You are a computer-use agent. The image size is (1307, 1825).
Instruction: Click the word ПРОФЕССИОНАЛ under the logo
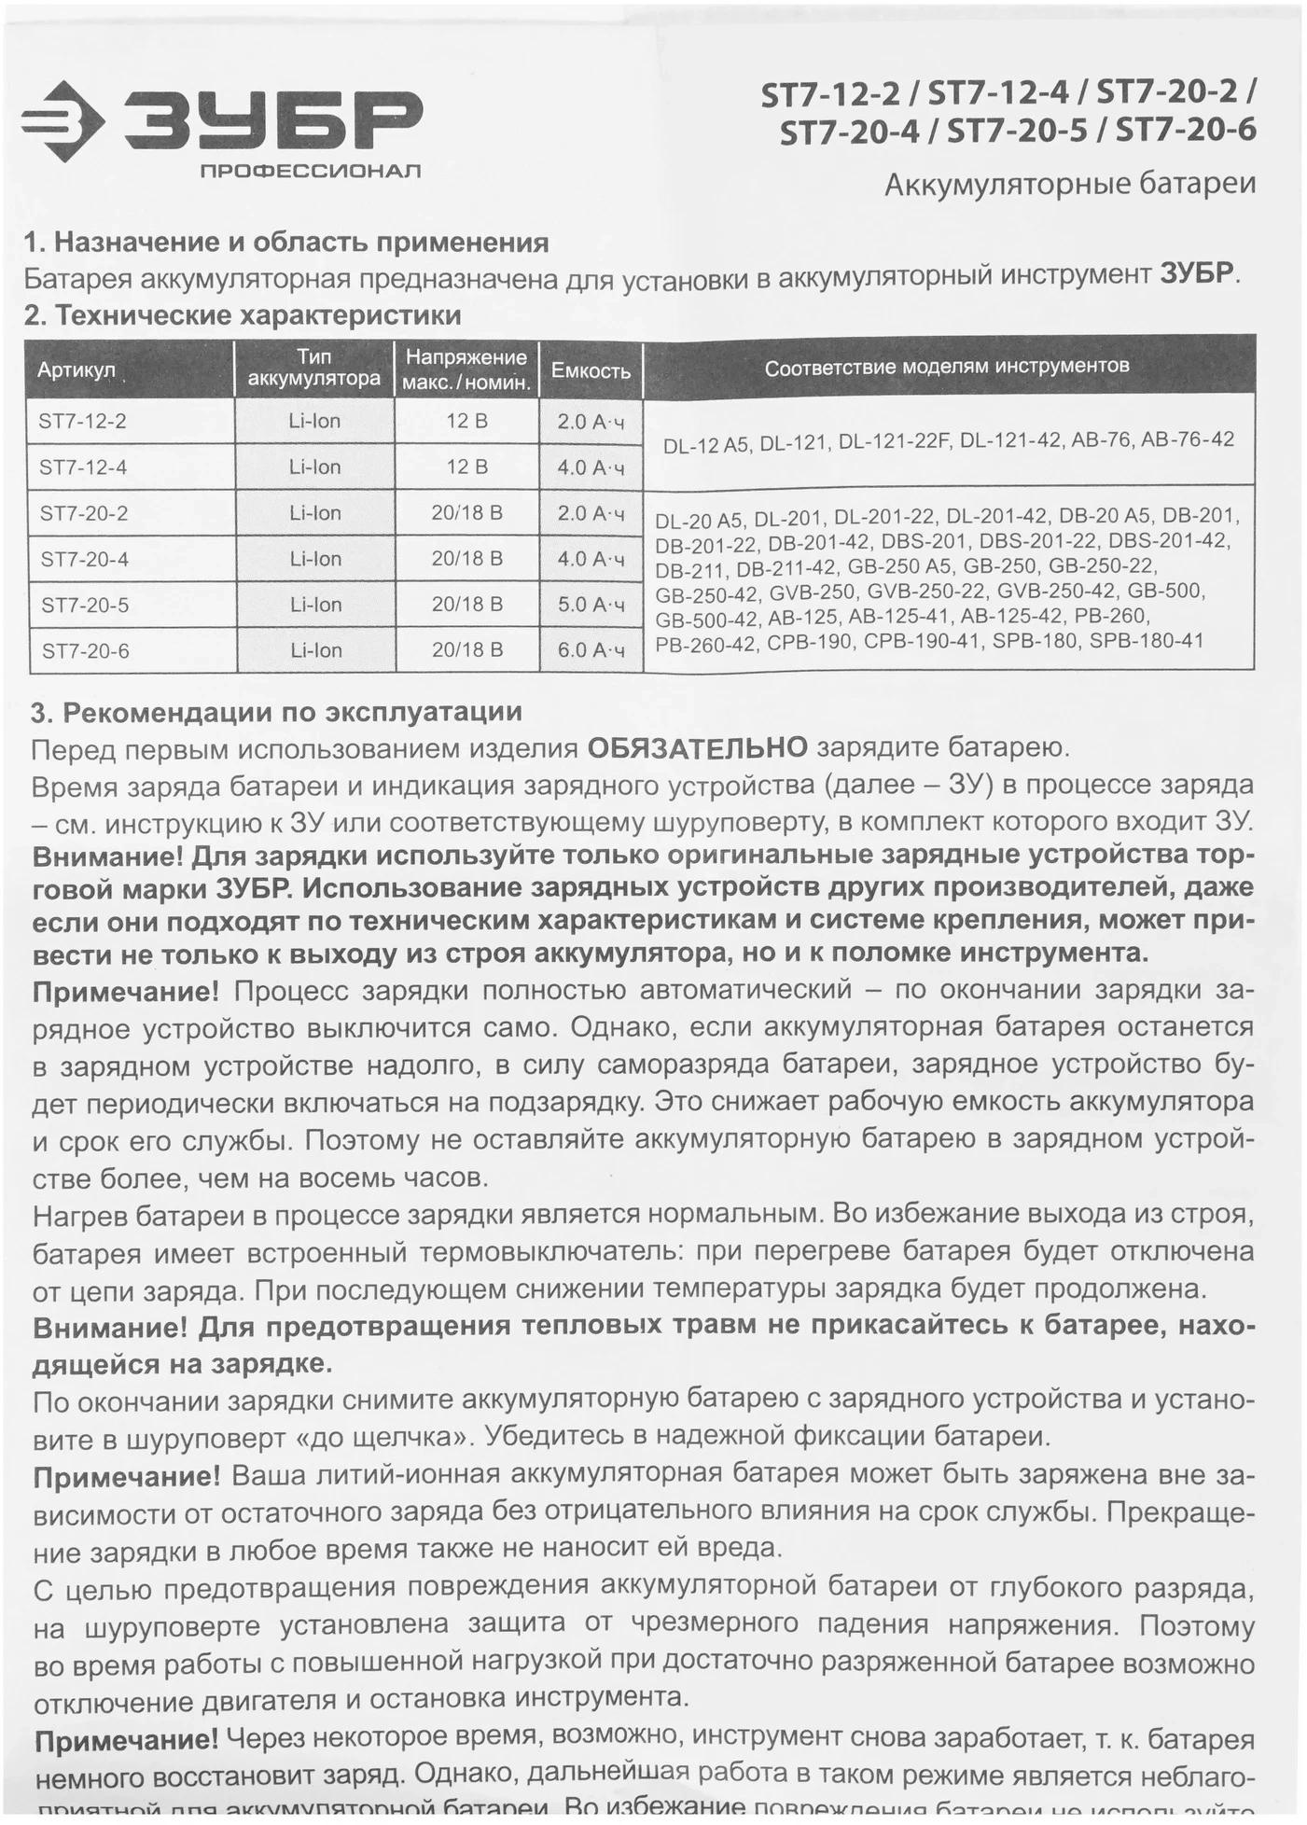pos(310,171)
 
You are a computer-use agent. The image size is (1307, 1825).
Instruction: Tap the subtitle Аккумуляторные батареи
pos(1069,185)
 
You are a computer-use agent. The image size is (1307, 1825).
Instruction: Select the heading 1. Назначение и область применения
pos(285,243)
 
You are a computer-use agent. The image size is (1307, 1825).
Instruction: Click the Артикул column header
pos(76,370)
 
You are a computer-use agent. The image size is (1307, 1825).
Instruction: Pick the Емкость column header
pos(591,370)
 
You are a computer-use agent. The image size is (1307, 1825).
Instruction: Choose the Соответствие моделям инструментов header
pos(947,367)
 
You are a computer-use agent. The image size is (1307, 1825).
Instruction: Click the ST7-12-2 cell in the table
pos(83,421)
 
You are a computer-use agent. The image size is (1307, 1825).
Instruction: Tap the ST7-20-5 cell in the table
pos(85,606)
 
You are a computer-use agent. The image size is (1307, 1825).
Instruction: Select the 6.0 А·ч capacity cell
pos(591,650)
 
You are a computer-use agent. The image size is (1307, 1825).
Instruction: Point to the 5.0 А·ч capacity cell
pos(591,605)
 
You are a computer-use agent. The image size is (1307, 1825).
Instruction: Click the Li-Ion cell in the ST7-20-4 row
pos(315,559)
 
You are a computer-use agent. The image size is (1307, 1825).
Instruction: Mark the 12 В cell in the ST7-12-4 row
pos(466,467)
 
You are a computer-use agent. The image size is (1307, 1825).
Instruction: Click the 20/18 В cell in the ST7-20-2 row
pos(466,513)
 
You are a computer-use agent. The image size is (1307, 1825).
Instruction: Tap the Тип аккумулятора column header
pos(314,368)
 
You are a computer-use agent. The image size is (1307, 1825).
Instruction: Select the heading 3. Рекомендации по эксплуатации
pos(276,713)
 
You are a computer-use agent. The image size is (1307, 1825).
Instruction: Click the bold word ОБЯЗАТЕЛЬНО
pos(697,748)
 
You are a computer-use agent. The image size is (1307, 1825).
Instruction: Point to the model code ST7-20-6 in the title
pos(1186,131)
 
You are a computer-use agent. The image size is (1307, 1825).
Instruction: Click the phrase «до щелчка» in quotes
pos(381,1436)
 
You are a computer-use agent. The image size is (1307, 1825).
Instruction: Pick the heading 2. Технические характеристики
pos(243,315)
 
